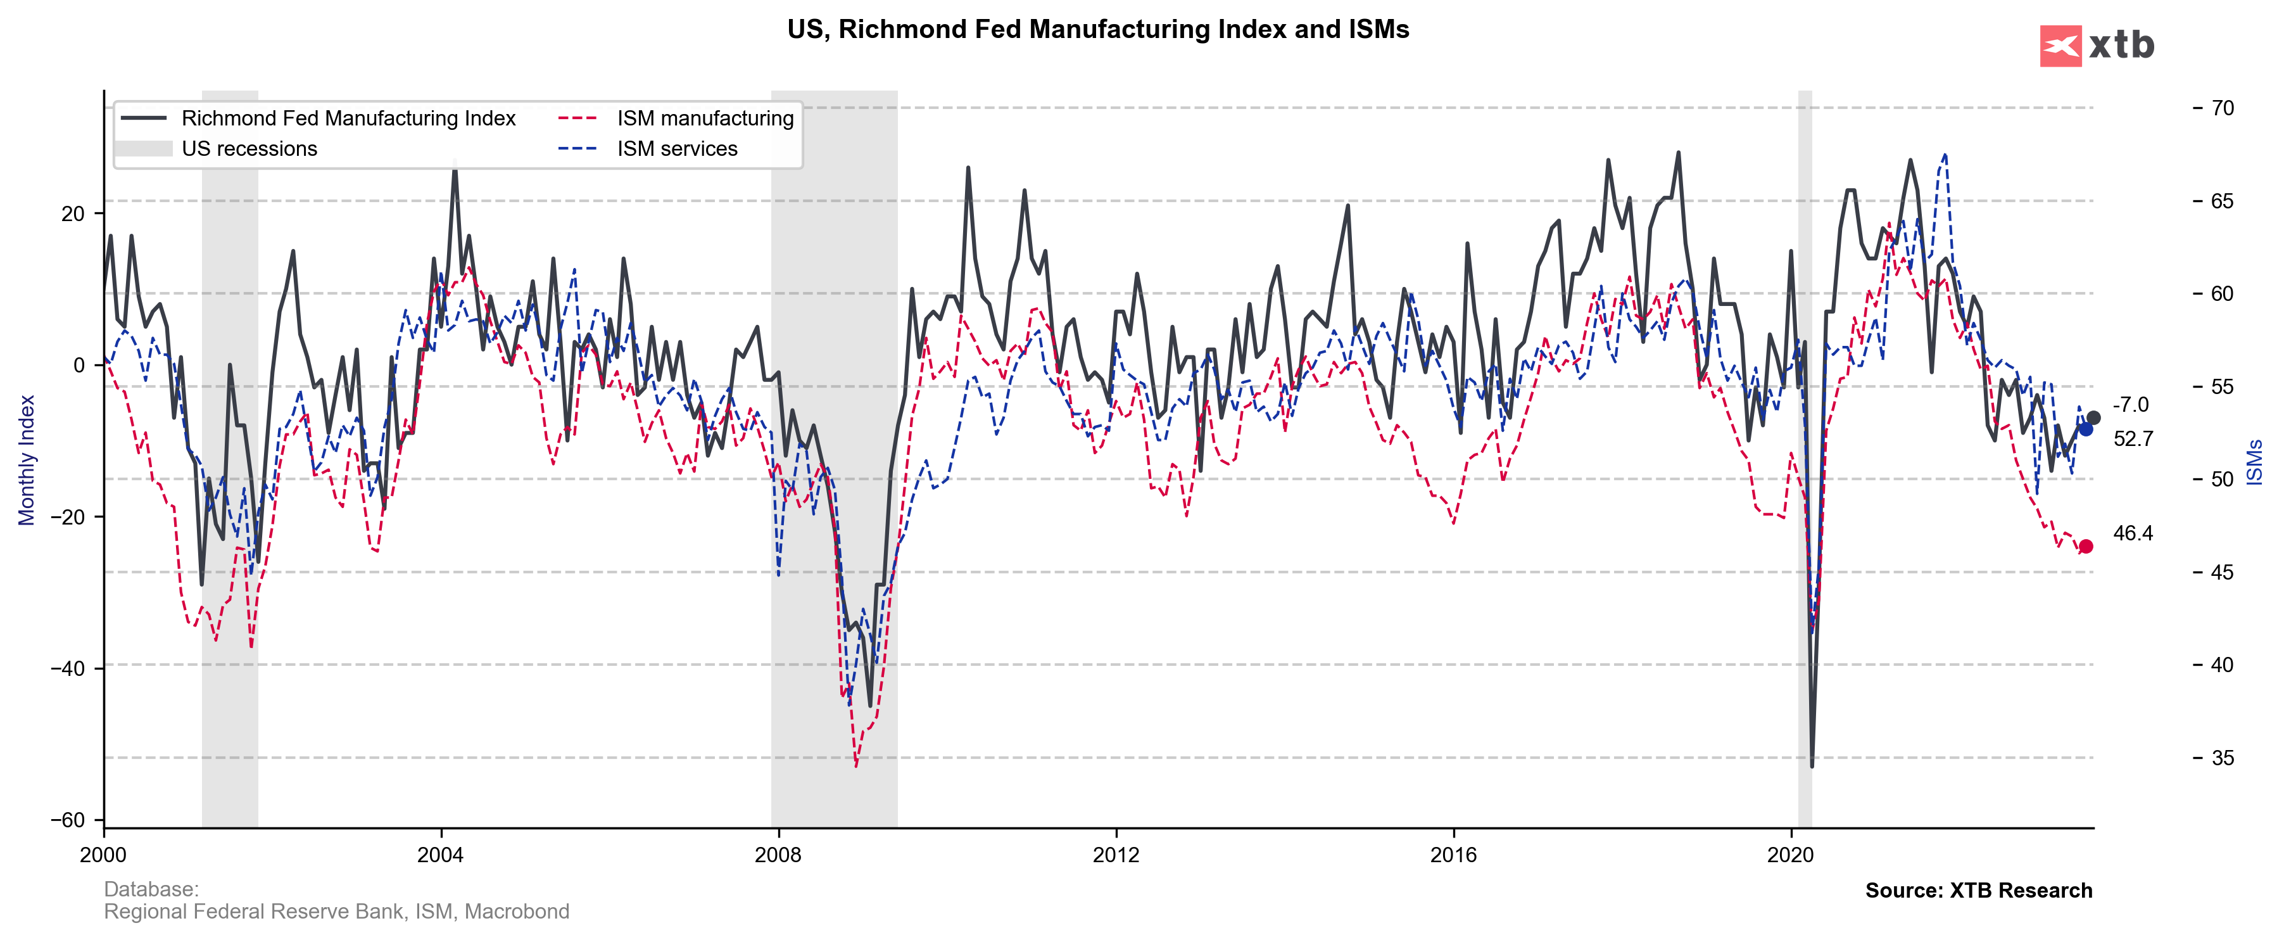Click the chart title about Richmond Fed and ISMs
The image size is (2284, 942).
tap(1097, 29)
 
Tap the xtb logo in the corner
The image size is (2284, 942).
tap(2097, 45)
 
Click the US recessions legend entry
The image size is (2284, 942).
tap(249, 149)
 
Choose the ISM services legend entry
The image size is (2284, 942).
tap(676, 149)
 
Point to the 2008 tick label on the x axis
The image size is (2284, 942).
tap(778, 855)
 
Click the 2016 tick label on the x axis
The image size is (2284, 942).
tap(1453, 855)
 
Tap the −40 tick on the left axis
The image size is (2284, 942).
tap(68, 668)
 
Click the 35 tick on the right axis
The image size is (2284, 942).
tap(2222, 758)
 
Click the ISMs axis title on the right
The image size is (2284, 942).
tap(2255, 462)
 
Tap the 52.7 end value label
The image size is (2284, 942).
tap(2133, 439)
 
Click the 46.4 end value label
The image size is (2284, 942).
tap(2133, 533)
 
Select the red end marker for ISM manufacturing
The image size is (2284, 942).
tap(2085, 547)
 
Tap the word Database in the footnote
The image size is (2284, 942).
tap(151, 889)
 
